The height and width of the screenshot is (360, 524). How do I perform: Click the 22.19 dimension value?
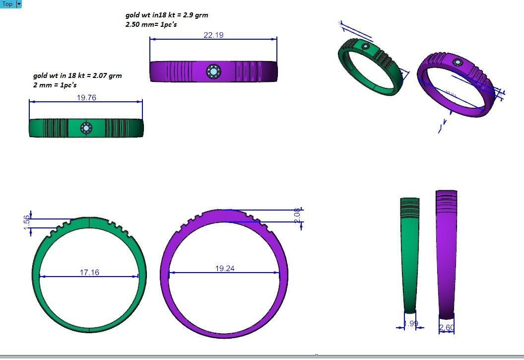click(213, 35)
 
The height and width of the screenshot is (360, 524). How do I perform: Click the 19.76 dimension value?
click(86, 97)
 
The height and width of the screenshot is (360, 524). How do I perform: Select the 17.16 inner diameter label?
click(89, 272)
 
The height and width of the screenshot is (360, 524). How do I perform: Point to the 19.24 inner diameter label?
click(225, 268)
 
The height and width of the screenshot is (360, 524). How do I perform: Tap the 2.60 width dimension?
click(447, 327)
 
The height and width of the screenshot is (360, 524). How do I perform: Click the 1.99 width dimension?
click(411, 324)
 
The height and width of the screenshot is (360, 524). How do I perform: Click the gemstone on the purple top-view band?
click(213, 72)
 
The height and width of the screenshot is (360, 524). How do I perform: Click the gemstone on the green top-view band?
click(86, 128)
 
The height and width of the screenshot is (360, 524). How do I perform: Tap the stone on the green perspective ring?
click(366, 47)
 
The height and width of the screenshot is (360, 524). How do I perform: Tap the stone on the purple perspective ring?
click(457, 63)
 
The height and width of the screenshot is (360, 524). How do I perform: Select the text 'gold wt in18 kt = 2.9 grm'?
click(167, 15)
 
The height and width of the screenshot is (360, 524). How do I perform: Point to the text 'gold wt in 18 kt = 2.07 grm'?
click(77, 75)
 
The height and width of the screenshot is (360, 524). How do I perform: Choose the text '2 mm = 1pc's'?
click(55, 85)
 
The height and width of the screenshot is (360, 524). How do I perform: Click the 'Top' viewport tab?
click(7, 4)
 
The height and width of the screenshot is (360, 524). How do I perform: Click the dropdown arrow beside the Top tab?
click(19, 4)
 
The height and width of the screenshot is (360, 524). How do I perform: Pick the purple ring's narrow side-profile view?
click(446, 253)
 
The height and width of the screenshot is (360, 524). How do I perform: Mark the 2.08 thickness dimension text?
click(297, 215)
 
